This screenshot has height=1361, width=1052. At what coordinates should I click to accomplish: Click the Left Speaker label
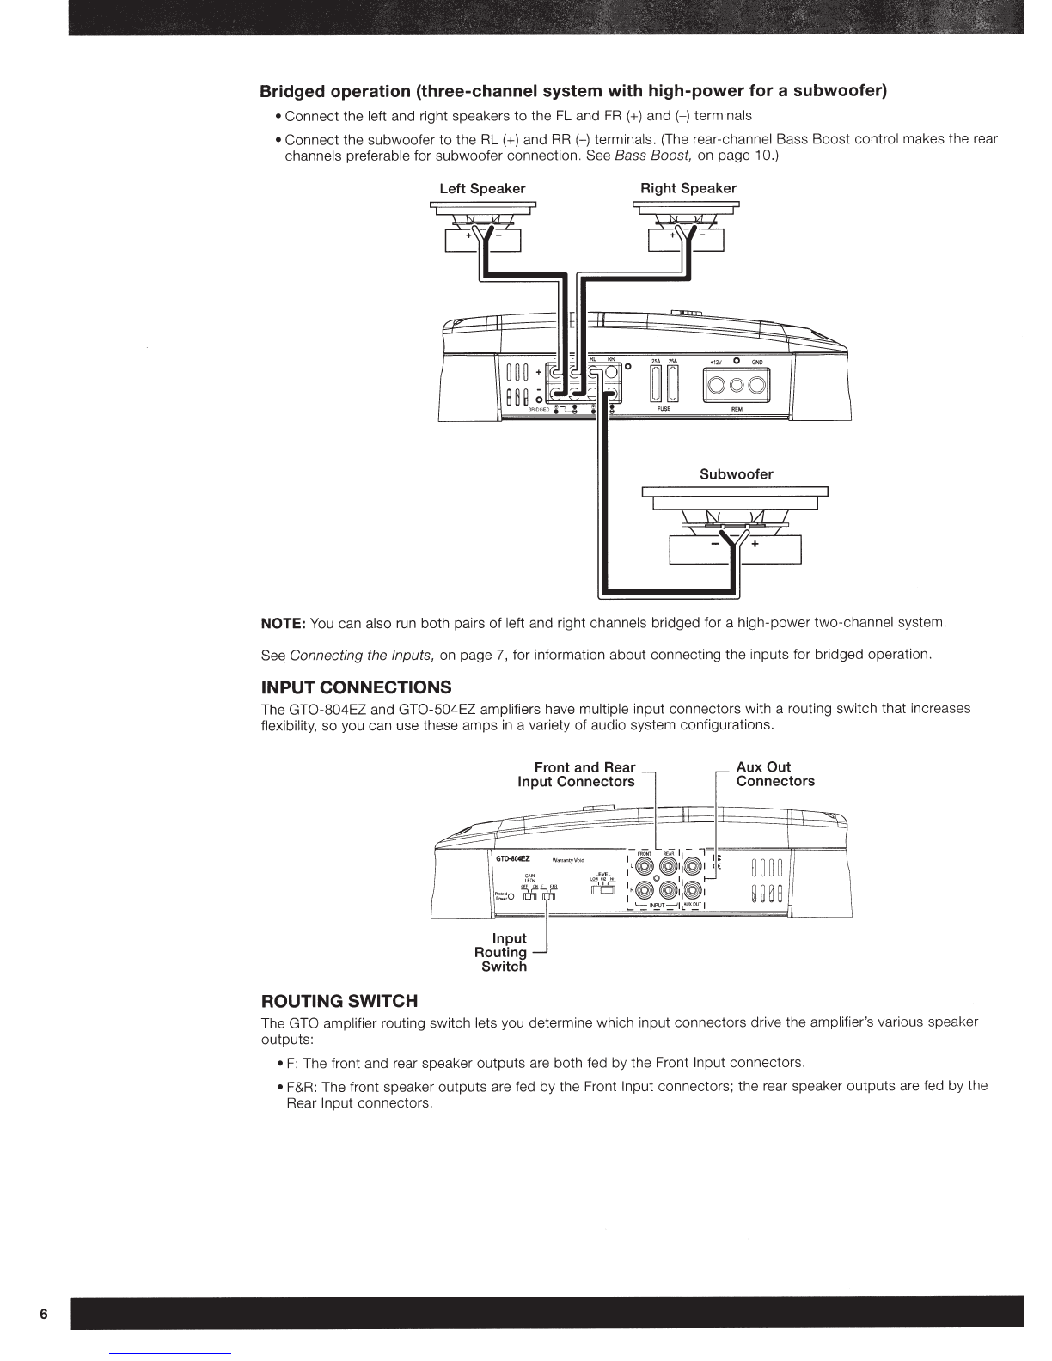[x=482, y=189]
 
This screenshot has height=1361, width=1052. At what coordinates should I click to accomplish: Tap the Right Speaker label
[x=688, y=189]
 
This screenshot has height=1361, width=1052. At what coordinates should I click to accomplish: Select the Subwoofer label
[x=736, y=474]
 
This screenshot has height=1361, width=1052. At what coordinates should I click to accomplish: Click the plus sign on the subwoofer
[x=755, y=544]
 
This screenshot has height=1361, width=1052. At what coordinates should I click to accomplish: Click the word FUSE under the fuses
[x=664, y=409]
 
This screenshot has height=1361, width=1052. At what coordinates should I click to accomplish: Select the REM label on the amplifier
[x=737, y=410]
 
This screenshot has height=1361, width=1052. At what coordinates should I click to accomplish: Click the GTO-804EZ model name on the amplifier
[x=513, y=858]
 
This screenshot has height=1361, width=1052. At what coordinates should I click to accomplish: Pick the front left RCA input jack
[x=644, y=866]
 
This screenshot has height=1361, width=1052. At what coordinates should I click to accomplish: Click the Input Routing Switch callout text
[x=503, y=953]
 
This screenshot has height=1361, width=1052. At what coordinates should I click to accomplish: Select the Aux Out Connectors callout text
[x=775, y=774]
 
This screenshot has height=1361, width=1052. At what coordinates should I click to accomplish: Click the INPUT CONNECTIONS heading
[x=356, y=688]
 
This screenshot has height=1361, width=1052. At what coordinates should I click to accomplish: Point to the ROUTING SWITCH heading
[x=339, y=1001]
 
